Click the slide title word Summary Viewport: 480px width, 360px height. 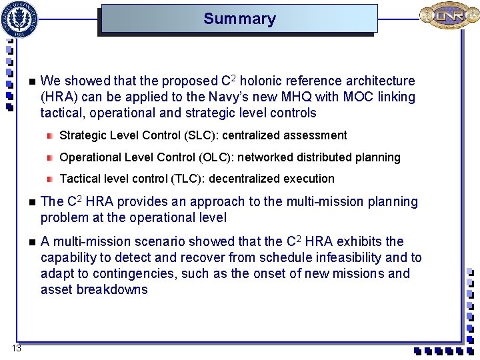[239, 19]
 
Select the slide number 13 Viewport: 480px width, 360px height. [17, 349]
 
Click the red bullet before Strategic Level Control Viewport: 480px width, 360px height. [50, 135]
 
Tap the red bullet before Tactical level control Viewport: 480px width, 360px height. [50, 179]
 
